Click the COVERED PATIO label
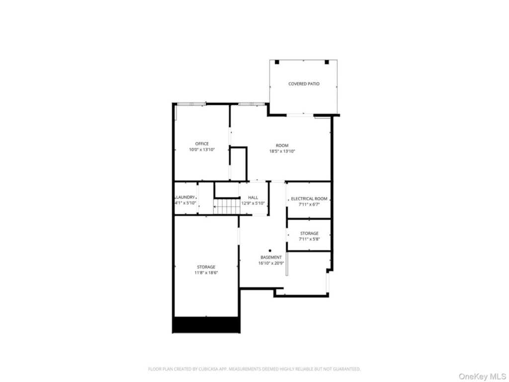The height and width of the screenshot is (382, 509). click(304, 84)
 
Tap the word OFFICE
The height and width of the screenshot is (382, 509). click(202, 144)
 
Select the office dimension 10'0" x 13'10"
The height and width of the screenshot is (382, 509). click(202, 150)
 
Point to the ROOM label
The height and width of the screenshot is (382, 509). click(282, 146)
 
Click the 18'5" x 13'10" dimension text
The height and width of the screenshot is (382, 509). click(282, 151)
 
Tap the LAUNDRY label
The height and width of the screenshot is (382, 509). click(185, 197)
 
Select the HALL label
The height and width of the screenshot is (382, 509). click(253, 197)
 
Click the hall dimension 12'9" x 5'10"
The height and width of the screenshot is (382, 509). click(253, 203)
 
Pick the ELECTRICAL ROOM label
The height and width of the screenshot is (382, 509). click(309, 199)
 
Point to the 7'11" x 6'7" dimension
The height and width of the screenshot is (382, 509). click(309, 204)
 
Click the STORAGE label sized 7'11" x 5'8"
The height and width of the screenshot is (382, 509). click(309, 234)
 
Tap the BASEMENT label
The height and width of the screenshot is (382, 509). click(271, 258)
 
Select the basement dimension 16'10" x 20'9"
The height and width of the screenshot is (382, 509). click(271, 264)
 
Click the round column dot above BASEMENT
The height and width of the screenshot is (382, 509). click(270, 251)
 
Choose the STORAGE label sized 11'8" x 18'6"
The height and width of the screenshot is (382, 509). click(206, 267)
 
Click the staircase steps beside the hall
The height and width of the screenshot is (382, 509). click(226, 206)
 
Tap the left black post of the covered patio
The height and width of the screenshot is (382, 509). click(277, 62)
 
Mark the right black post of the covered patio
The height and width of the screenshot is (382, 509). click(327, 62)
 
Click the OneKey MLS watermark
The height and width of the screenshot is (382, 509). click(482, 377)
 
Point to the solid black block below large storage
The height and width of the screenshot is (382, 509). click(206, 325)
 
